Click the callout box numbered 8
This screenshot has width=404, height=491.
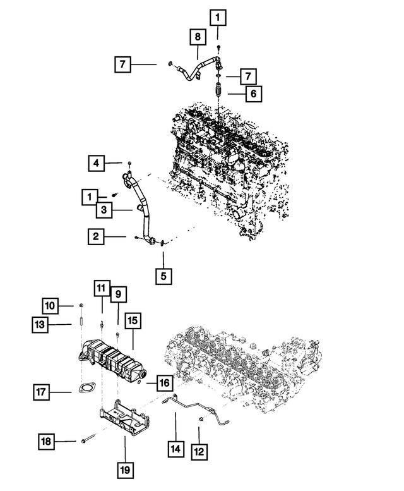[197, 37]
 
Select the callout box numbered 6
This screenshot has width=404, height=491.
[253, 94]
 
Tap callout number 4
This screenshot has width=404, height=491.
[96, 164]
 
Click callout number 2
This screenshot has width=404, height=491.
[96, 237]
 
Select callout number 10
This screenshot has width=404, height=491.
[52, 306]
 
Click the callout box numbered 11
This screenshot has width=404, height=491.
[102, 289]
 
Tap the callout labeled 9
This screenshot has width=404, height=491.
[117, 294]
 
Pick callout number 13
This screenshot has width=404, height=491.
[42, 325]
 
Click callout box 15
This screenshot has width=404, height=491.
[133, 321]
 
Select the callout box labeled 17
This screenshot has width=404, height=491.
[42, 393]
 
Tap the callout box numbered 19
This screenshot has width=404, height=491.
[125, 470]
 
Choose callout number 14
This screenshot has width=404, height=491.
[175, 449]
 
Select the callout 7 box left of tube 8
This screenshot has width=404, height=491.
[122, 64]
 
